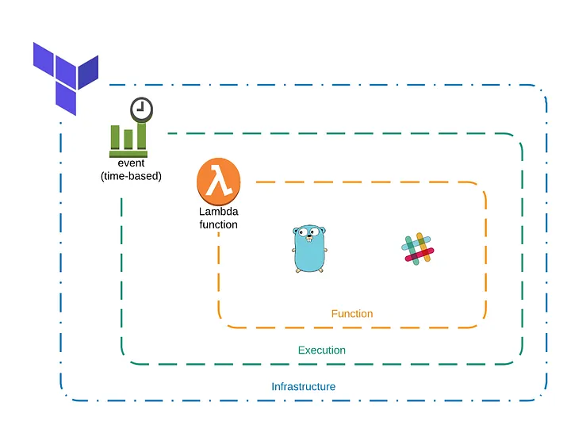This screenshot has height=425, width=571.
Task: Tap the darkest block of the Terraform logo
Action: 88,71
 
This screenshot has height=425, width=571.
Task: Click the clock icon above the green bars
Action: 141,109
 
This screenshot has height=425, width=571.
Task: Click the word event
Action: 131,163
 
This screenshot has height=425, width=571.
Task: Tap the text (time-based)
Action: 131,176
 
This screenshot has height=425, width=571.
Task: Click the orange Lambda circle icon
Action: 218,181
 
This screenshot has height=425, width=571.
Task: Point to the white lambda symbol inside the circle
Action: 218,182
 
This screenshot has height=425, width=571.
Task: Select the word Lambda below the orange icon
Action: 218,212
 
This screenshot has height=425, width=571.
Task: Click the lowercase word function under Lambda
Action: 218,224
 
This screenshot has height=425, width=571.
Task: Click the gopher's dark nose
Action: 310,239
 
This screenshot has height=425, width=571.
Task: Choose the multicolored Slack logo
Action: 418,248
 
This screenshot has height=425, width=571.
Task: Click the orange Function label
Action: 352,314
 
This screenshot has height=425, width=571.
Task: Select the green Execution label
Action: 321,350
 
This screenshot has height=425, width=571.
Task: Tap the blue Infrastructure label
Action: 303,387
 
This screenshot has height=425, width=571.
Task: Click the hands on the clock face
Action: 140,109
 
